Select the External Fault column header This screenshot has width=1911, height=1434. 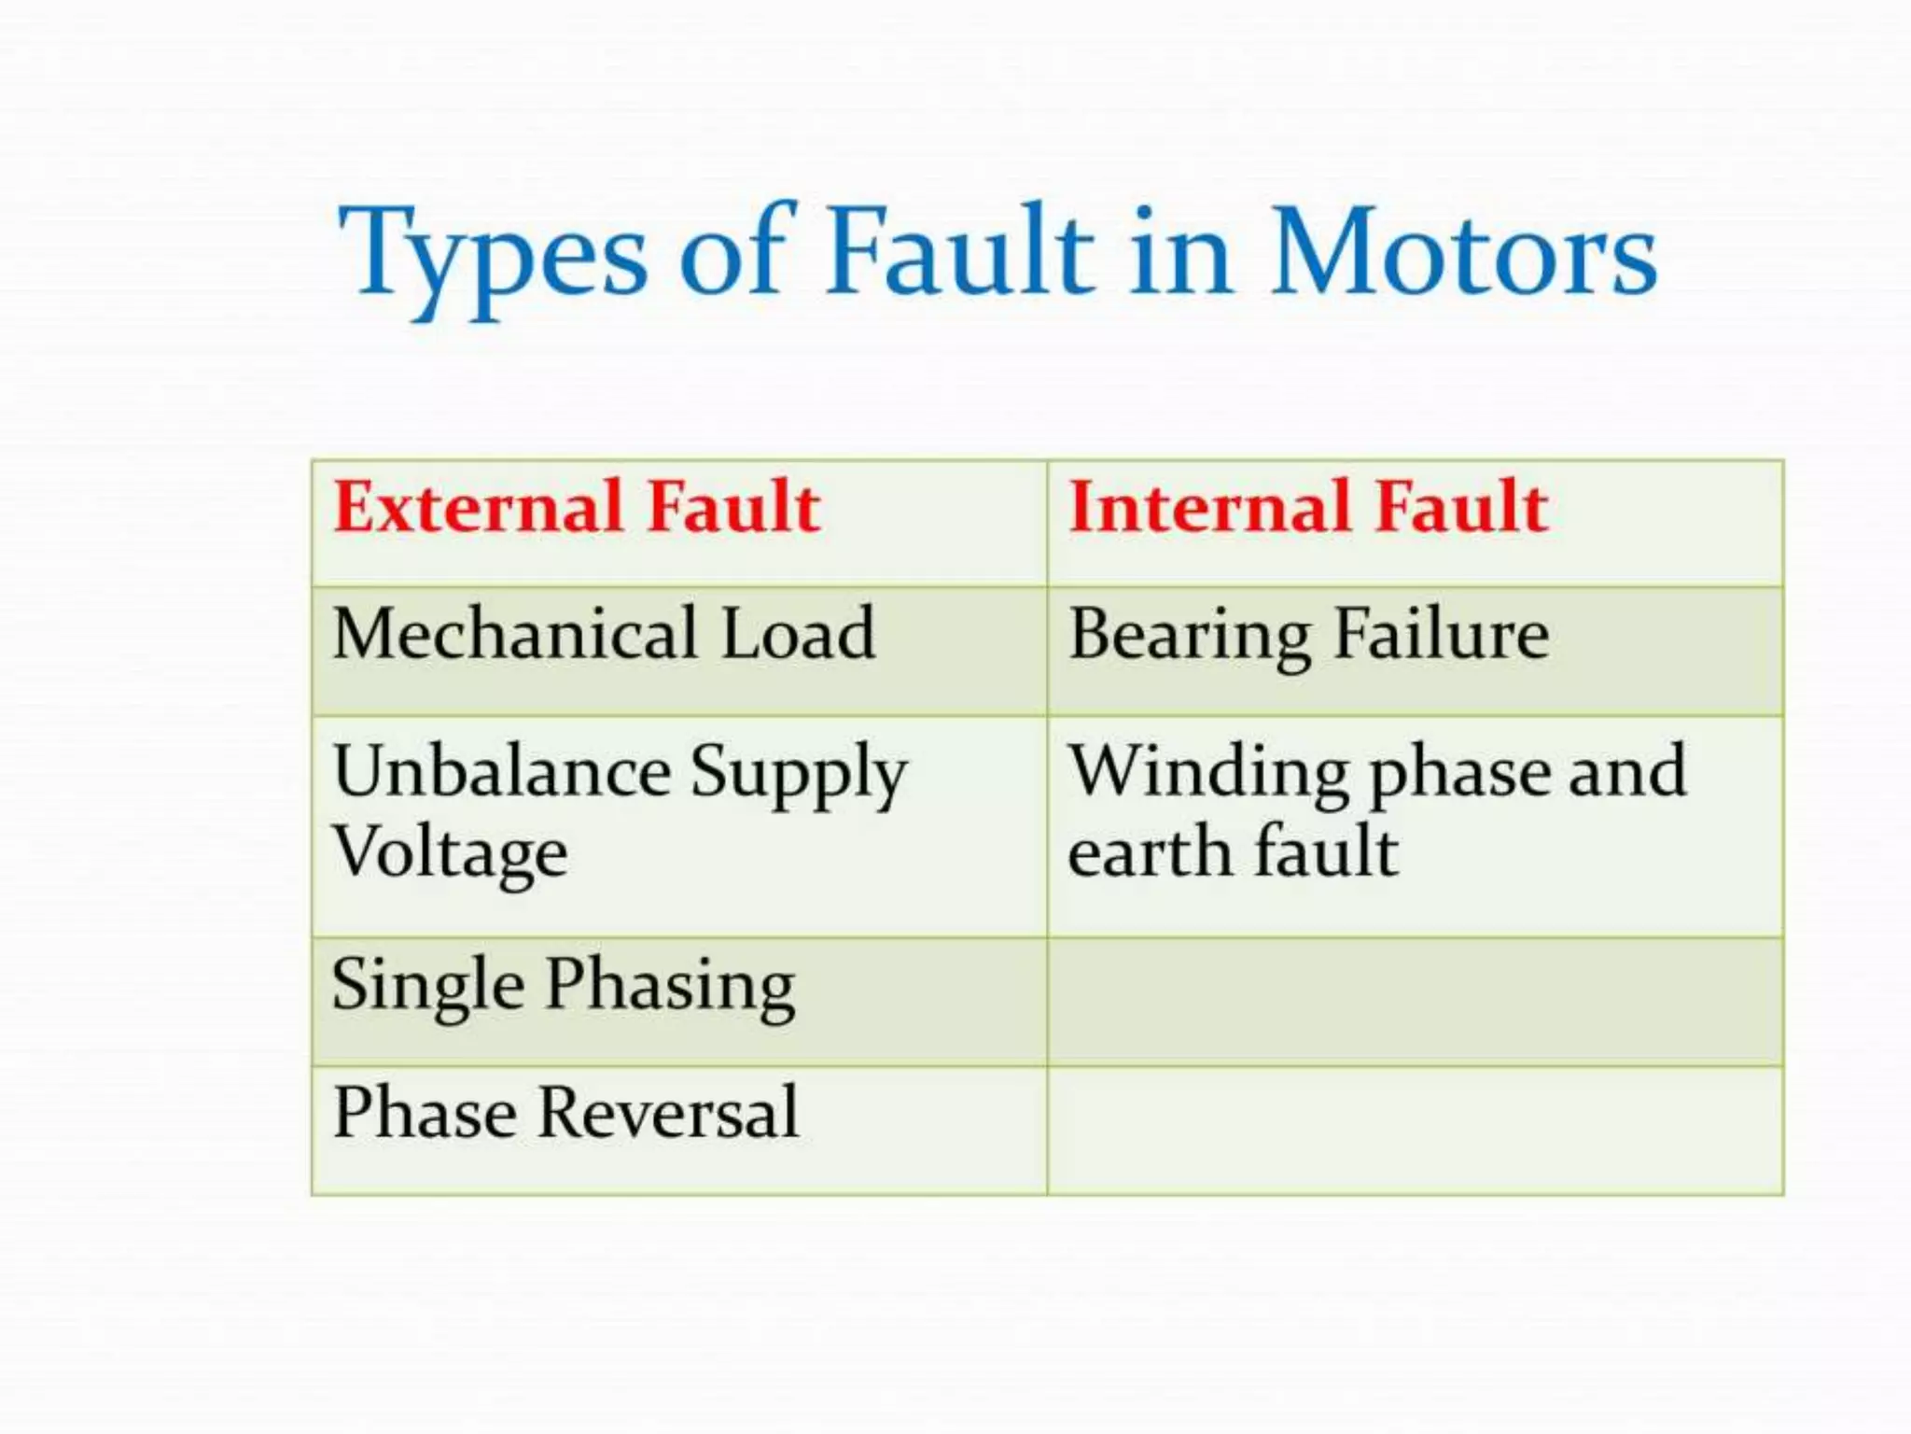577,507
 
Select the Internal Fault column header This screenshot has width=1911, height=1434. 1308,507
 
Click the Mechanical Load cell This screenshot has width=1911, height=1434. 604,634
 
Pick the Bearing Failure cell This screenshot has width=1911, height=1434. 1308,636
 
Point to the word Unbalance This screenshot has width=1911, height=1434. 501,772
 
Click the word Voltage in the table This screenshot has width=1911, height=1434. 450,852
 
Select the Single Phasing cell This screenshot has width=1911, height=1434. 563,986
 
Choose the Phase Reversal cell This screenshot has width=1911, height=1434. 565,1113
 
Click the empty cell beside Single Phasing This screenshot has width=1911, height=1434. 1415,1002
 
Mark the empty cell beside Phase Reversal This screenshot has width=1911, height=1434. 1415,1131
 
